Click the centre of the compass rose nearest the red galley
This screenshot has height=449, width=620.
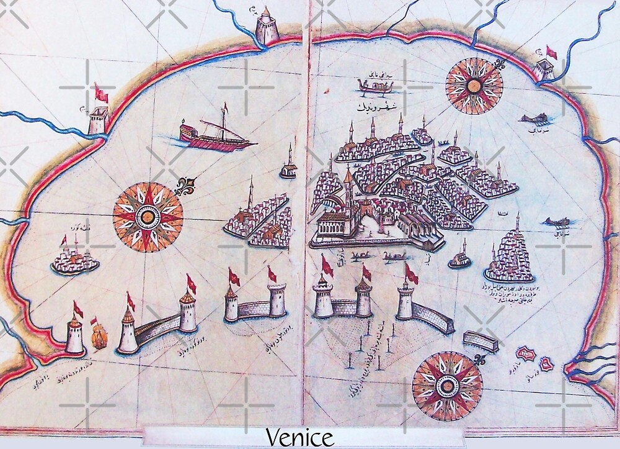(x=148, y=215)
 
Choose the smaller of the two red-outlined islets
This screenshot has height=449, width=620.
(x=547, y=364)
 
